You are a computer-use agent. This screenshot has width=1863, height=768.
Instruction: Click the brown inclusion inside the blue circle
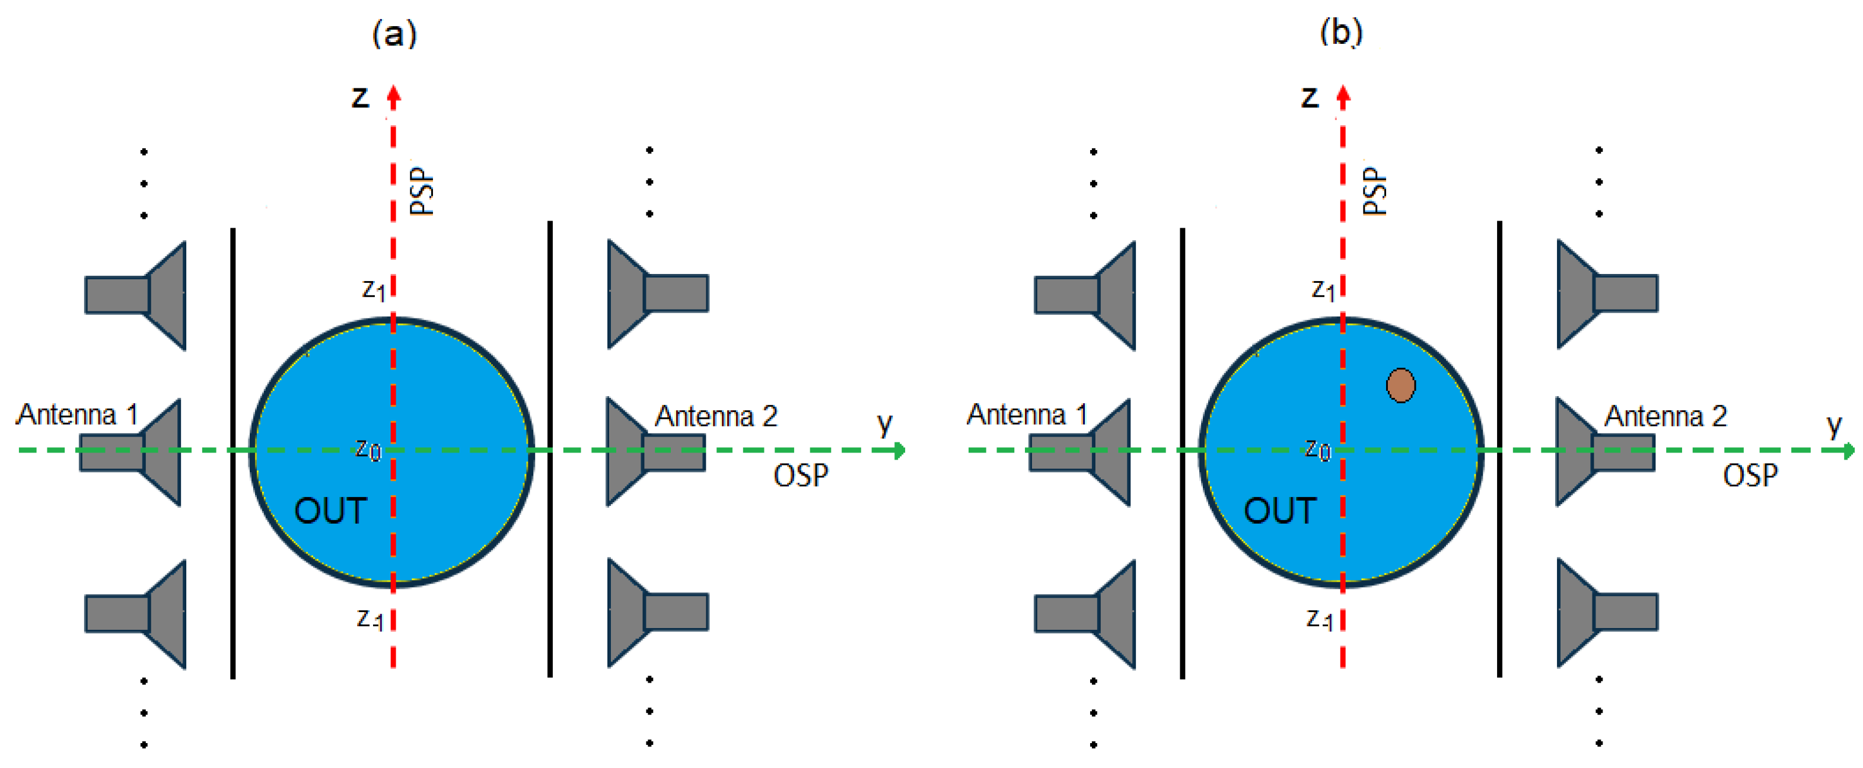[1400, 385]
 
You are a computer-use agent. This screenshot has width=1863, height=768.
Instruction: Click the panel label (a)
[394, 33]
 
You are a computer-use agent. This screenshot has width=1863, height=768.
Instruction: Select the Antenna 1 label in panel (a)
[77, 415]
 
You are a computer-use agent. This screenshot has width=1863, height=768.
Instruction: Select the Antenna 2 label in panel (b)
[1665, 416]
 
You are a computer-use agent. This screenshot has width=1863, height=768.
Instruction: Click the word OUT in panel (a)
[330, 511]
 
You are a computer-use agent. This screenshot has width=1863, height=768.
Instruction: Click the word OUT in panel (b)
[1279, 511]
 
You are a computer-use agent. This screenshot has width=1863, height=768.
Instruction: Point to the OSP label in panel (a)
[800, 475]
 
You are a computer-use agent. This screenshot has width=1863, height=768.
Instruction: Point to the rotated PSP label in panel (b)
[1374, 191]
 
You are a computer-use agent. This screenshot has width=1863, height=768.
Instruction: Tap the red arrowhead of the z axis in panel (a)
[393, 95]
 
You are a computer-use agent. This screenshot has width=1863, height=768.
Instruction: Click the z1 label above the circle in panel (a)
[373, 290]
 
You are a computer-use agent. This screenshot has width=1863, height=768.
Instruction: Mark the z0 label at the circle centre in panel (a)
[367, 450]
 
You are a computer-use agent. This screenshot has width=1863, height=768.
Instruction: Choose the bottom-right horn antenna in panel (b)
[1607, 612]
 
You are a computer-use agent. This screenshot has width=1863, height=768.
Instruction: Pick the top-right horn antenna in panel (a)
[657, 293]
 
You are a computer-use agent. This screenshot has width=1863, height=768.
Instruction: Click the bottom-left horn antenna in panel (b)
[1085, 614]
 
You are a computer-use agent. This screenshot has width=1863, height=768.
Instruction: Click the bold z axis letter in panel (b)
[1309, 96]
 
